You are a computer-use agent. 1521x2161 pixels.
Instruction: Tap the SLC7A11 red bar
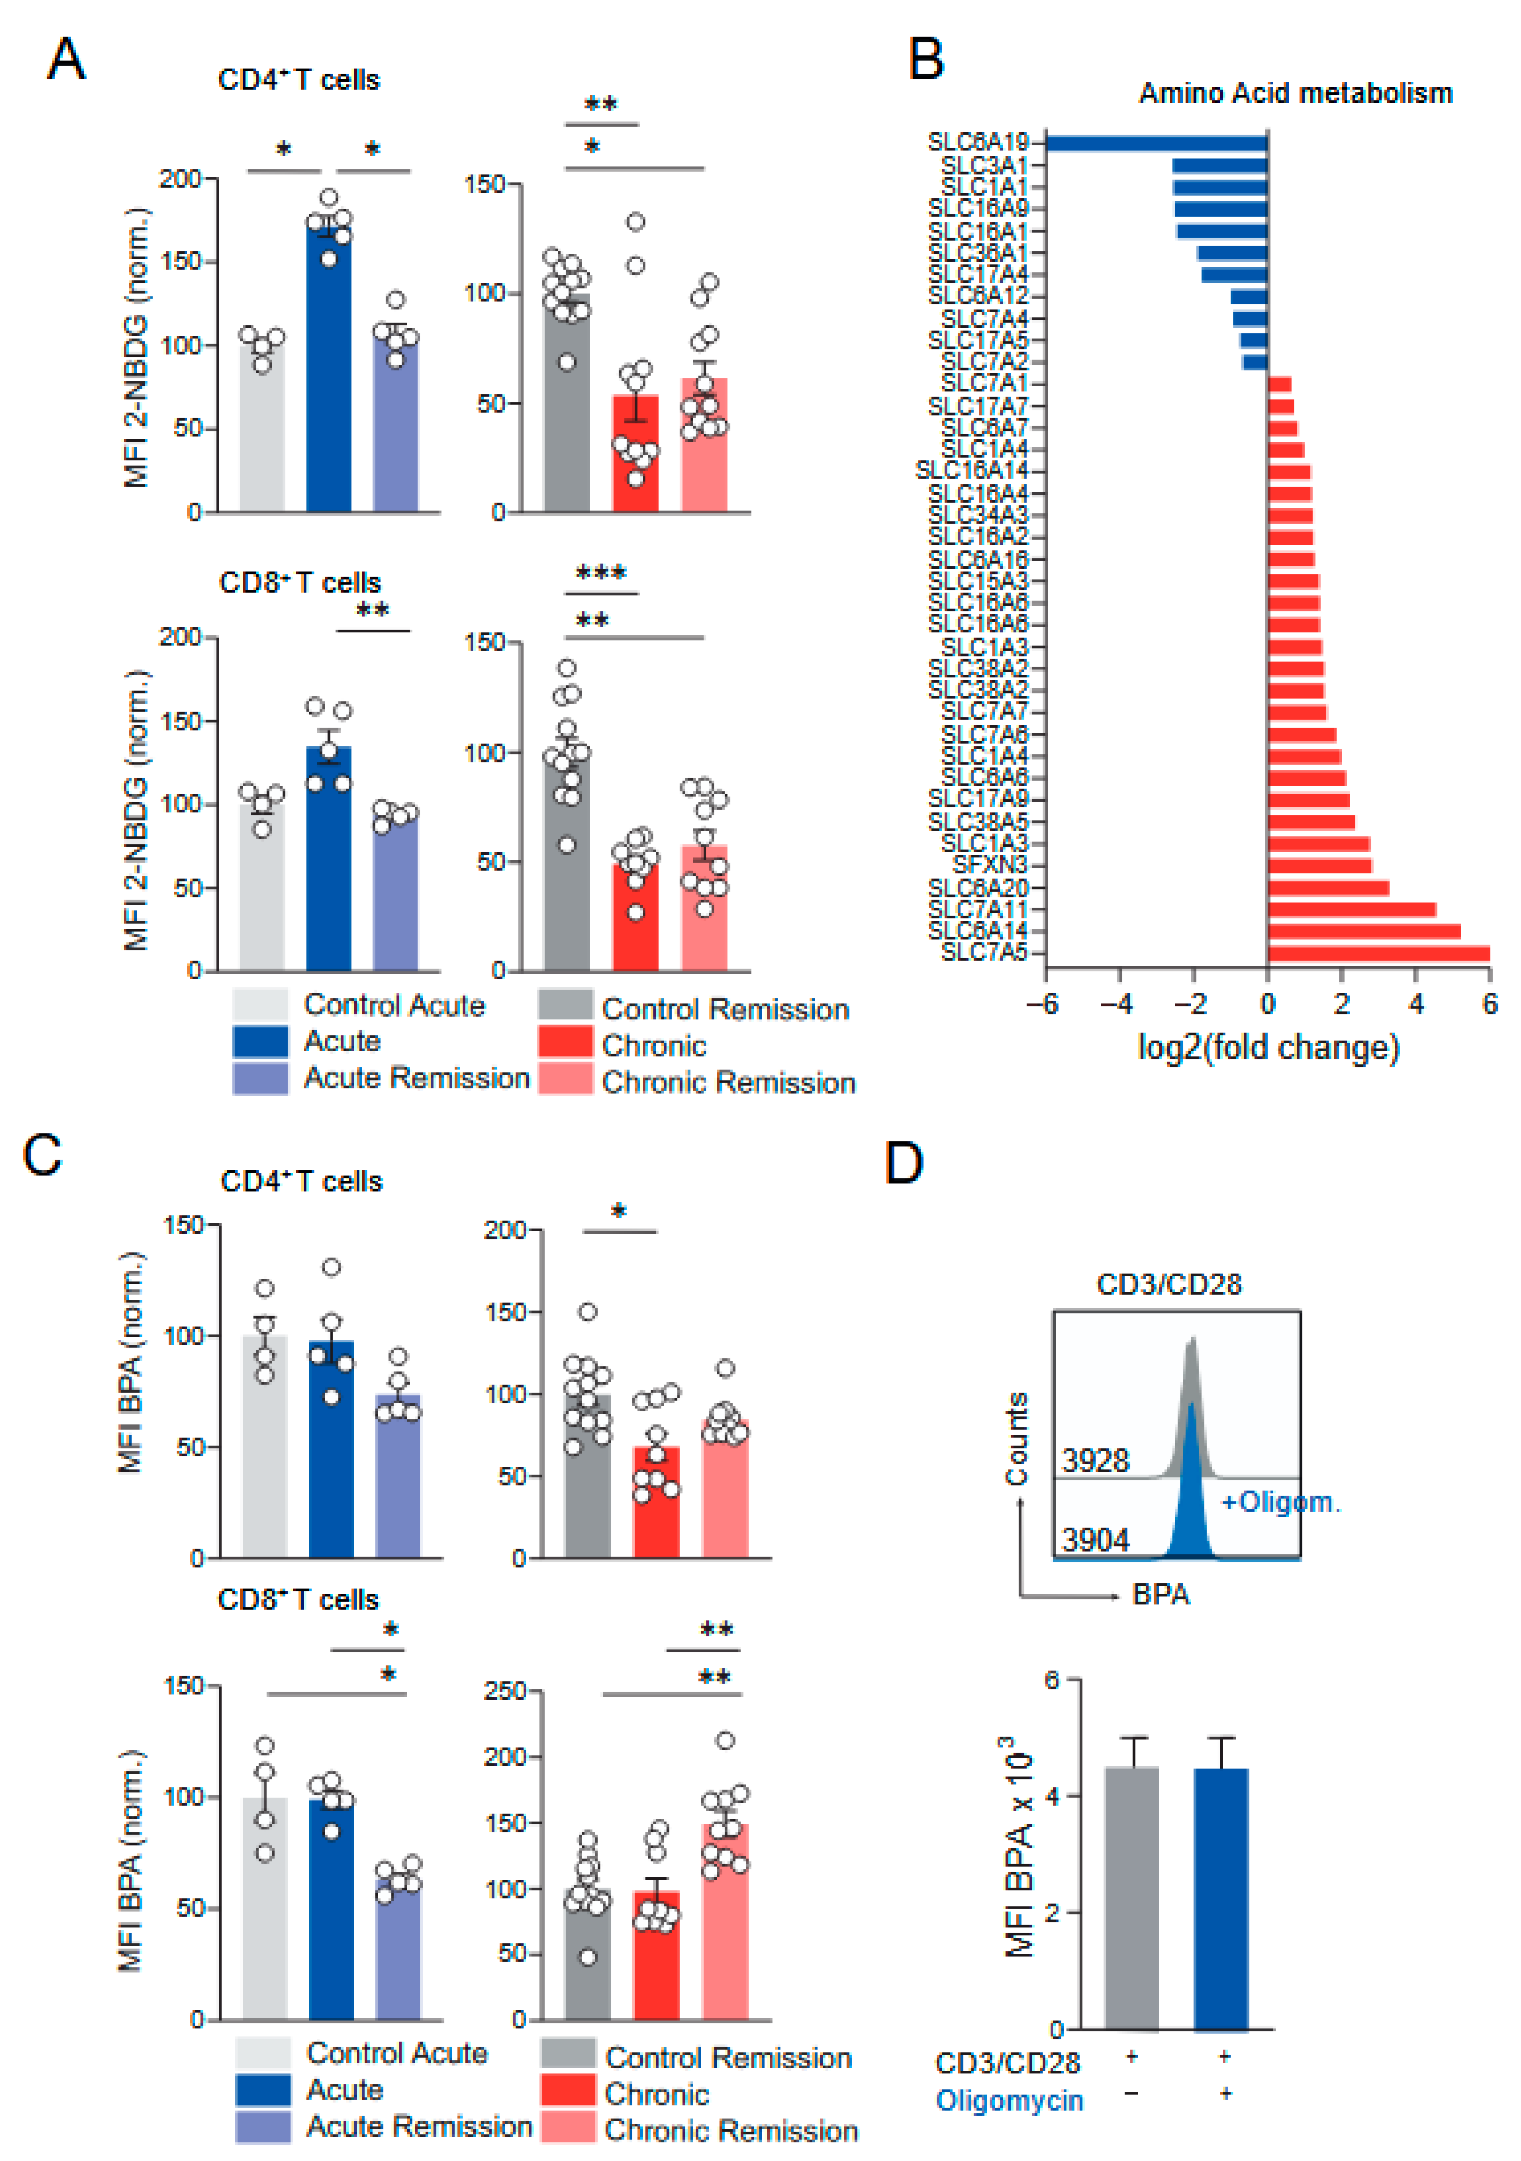pos(1352,909)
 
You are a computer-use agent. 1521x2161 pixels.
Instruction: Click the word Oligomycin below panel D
pos(1009,2101)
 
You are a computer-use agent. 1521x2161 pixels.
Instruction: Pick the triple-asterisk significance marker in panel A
pos(600,572)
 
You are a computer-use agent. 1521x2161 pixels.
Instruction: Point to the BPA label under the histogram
pos(1160,1594)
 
